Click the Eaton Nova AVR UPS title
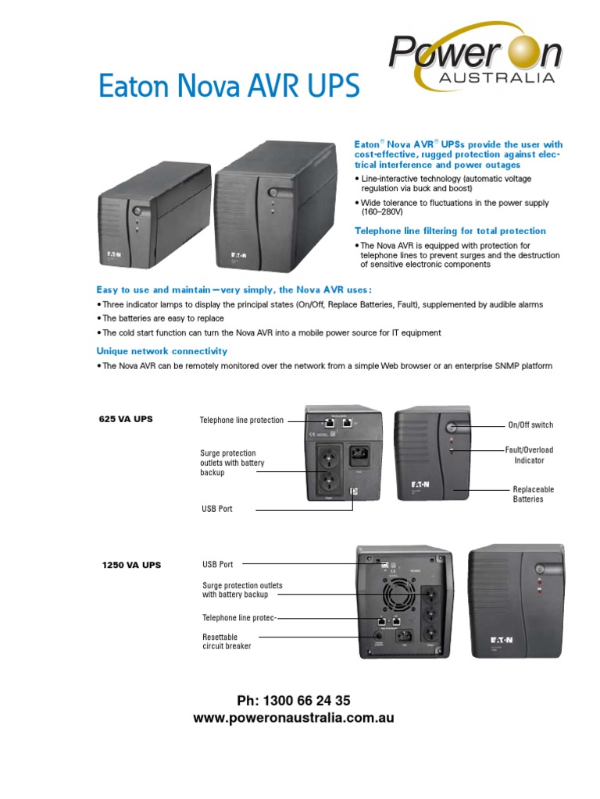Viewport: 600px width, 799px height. (228, 86)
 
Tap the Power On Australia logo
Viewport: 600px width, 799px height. (475, 62)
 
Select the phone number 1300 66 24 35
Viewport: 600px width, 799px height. (294, 700)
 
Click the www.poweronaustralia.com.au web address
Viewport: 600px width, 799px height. (294, 718)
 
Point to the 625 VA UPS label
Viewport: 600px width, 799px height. (126, 419)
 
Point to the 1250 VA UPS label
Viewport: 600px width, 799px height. (131, 565)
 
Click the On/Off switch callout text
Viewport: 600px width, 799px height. (530, 425)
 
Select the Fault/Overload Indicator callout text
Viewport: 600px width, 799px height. (529, 455)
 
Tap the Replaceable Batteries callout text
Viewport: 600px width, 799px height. (533, 494)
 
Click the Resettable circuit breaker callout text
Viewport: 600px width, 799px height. (227, 642)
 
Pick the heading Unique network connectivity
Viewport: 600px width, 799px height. (162, 351)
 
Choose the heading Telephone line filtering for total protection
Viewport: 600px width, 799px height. (450, 231)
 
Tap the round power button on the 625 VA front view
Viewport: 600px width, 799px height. (452, 427)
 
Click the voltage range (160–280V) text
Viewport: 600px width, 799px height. (378, 212)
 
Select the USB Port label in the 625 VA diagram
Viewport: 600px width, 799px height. (217, 509)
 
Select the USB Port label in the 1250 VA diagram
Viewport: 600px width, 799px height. (217, 564)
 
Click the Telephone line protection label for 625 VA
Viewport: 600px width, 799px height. (241, 421)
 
